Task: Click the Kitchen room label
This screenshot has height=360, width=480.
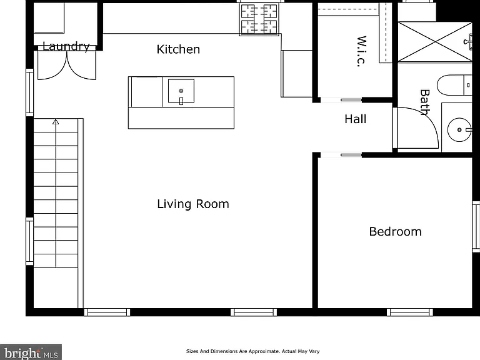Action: (178, 49)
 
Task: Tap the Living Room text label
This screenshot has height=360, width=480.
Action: (193, 204)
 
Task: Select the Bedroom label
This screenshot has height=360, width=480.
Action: (395, 231)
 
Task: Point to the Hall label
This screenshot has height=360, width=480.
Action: (355, 119)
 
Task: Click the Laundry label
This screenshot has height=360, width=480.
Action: (66, 46)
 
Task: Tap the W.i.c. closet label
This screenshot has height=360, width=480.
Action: (362, 51)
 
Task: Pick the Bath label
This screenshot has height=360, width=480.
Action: (425, 102)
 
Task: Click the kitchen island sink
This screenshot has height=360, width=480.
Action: (181, 91)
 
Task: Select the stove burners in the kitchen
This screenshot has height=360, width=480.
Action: (259, 19)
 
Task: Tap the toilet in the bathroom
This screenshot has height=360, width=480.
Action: (454, 85)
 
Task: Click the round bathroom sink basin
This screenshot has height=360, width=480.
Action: (459, 130)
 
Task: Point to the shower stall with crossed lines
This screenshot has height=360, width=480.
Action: (435, 42)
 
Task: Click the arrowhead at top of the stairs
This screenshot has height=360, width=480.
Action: (56, 122)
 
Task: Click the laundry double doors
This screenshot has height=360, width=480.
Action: (67, 65)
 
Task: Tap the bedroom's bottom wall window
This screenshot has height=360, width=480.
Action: (410, 312)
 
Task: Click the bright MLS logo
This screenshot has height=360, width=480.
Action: (31, 352)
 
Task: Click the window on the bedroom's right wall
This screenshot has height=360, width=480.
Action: (476, 227)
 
